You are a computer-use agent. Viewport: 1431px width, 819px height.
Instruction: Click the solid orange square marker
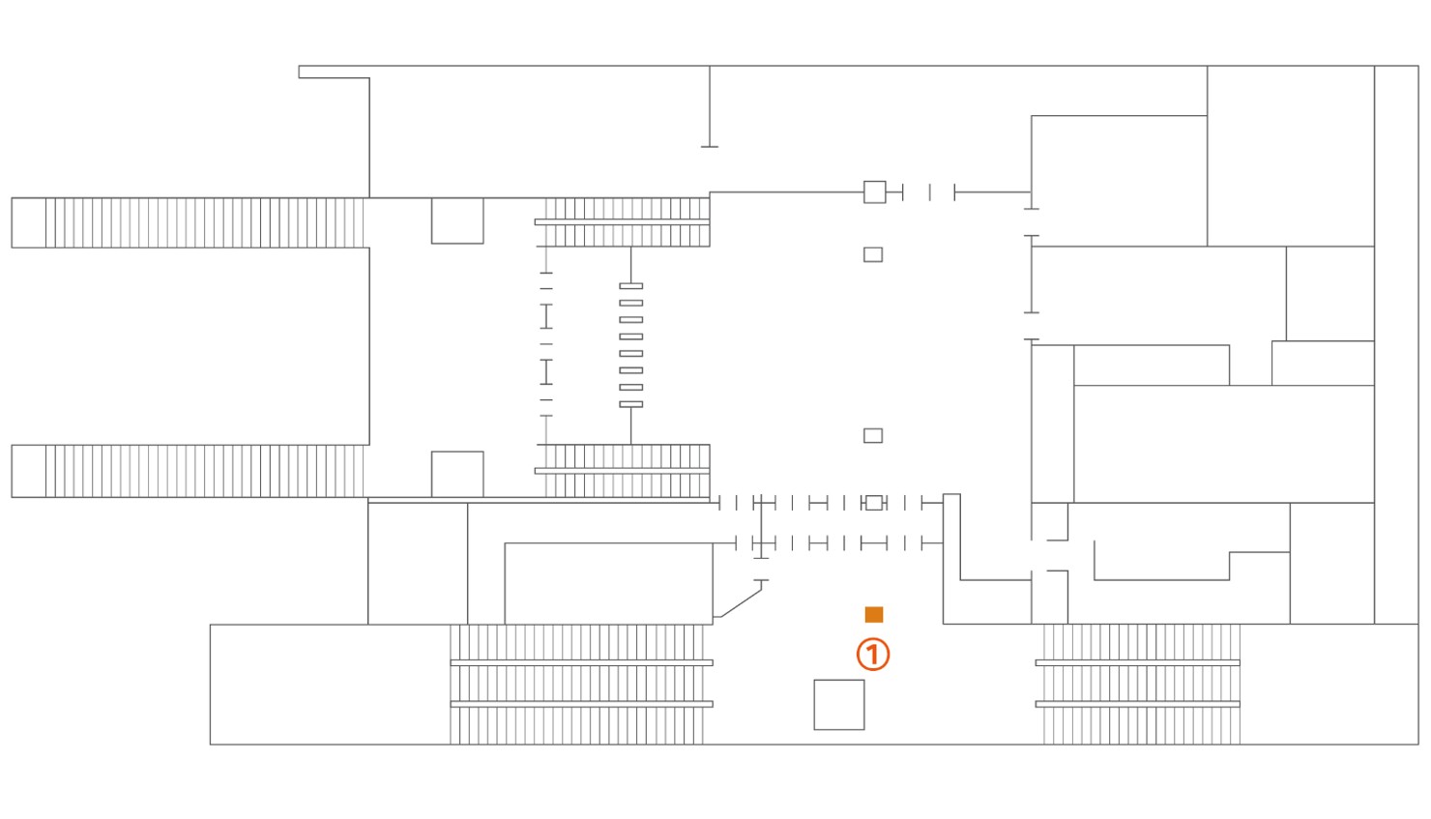coord(873,615)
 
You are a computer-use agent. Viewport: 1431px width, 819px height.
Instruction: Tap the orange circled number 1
coord(873,655)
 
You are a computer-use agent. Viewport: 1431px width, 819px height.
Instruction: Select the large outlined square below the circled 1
coord(839,705)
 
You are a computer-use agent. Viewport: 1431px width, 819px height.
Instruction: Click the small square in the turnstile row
coord(873,503)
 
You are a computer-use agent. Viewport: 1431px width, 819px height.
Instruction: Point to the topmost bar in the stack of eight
coord(630,286)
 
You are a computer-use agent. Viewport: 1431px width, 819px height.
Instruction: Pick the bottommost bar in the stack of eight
coord(630,404)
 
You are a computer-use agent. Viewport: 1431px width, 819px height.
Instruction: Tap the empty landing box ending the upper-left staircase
coord(29,223)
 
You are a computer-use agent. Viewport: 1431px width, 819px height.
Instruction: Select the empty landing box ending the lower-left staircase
coord(29,472)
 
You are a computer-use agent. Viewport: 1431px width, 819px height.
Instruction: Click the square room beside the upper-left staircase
coord(457,221)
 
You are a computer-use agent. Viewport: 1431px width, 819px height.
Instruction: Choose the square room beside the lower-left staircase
coord(457,474)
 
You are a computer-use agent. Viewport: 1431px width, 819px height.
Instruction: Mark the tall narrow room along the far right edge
coord(1396,345)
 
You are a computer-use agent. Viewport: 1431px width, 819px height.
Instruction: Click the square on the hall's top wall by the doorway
coord(875,192)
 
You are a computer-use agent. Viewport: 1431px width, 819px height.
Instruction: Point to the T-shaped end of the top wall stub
coord(709,147)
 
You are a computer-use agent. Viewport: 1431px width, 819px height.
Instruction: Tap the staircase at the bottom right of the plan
coord(1138,685)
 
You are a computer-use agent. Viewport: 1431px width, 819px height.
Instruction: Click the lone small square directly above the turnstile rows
coord(873,436)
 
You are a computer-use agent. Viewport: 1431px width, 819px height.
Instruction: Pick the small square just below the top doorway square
coord(873,255)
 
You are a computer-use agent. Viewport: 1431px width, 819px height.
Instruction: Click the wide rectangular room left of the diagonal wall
coord(609,584)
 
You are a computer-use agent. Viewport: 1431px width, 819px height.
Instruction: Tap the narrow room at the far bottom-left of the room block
coord(418,564)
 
